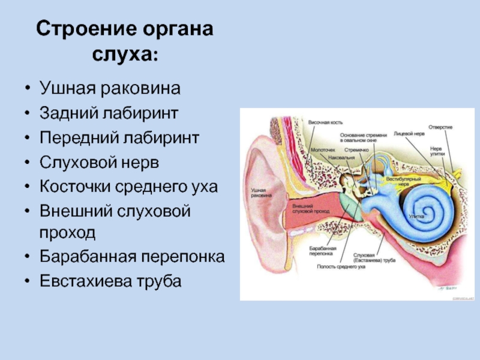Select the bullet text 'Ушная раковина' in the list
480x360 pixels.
point(110,89)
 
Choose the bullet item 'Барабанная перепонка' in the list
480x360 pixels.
point(132,257)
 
